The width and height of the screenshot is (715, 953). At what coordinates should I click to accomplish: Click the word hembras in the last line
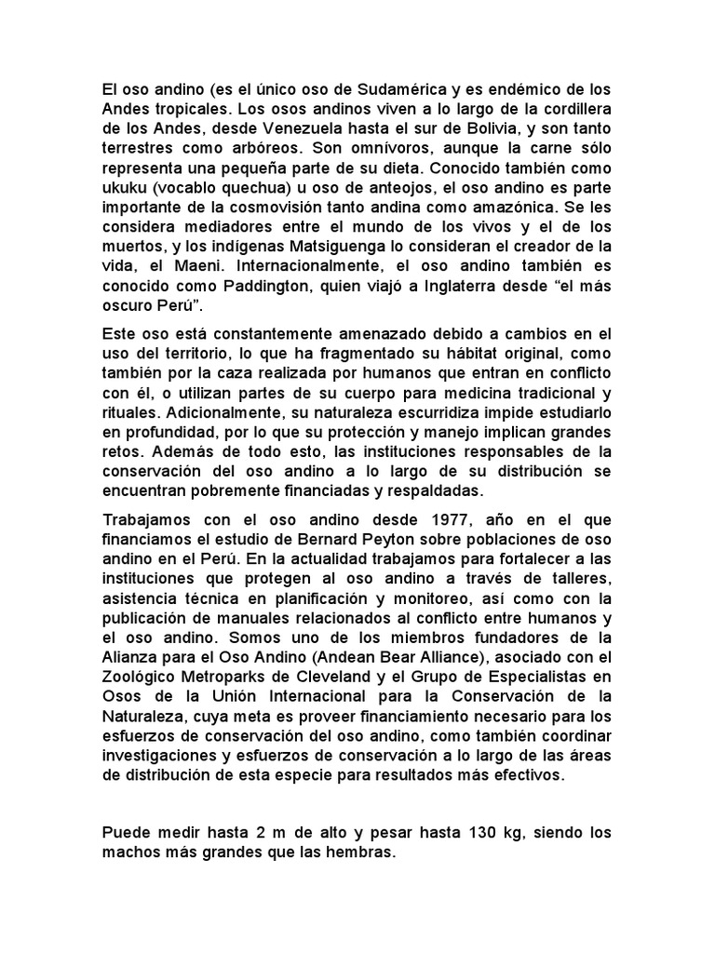point(361,851)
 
